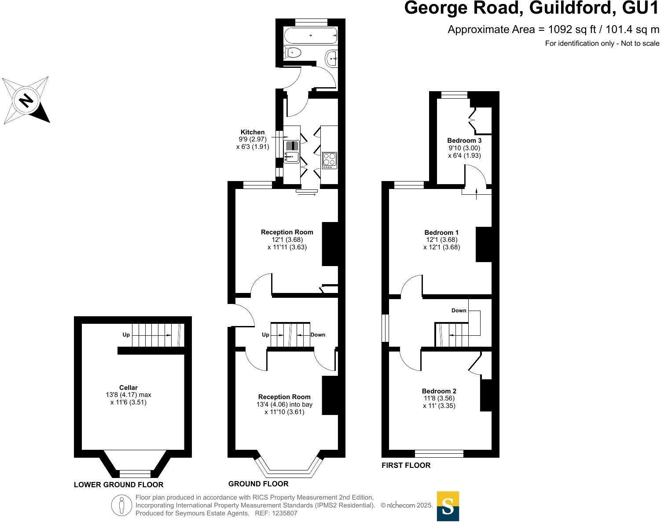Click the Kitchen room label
click(x=253, y=132)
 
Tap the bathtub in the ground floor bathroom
click(x=311, y=35)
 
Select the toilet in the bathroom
click(x=293, y=53)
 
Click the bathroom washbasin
click(x=332, y=57)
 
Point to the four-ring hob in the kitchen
click(x=330, y=159)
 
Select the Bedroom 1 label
click(x=441, y=233)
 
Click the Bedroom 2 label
click(x=439, y=391)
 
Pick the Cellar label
click(x=129, y=388)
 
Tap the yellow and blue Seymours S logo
click(x=448, y=506)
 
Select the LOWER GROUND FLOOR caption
click(x=118, y=485)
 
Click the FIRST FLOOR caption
click(x=406, y=465)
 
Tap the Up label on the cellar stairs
click(x=126, y=335)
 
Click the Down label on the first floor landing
click(x=459, y=311)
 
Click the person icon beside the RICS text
click(x=122, y=505)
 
